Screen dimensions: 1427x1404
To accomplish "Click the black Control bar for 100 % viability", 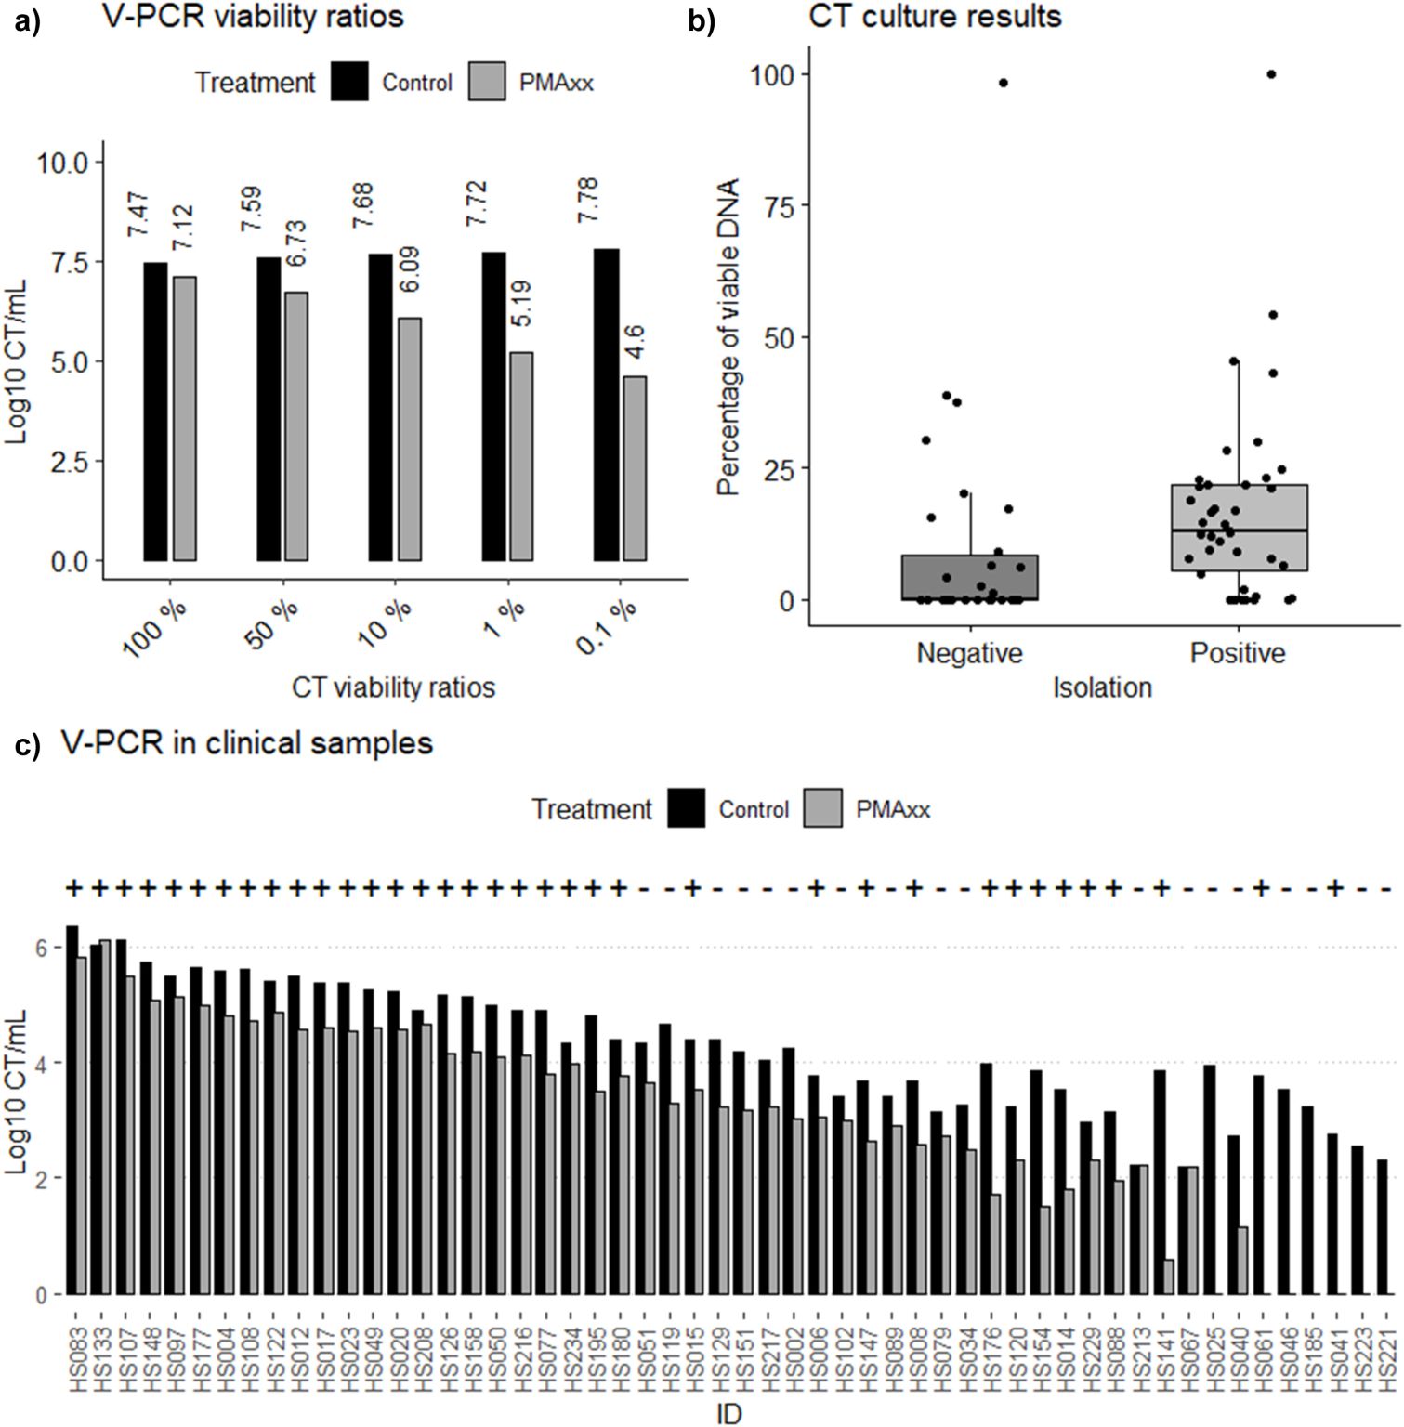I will [155, 412].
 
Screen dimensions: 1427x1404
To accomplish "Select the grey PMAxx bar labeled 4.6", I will [634, 468].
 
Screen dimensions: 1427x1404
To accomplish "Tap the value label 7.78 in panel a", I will [589, 201].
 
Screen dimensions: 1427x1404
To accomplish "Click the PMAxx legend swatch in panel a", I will [487, 82].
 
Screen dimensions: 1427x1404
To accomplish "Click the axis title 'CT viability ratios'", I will [393, 687].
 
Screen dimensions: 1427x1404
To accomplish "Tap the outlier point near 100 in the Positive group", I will [1271, 74].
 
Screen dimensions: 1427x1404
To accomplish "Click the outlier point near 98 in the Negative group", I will [1004, 83].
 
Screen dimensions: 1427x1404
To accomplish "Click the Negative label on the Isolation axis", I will [969, 653].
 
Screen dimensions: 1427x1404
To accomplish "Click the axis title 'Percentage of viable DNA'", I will [730, 336].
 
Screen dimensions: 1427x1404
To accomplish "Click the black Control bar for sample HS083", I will [72, 1109].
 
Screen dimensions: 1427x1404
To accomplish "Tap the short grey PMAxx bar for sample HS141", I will [1167, 1276].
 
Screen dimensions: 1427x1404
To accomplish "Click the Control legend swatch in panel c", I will [687, 808].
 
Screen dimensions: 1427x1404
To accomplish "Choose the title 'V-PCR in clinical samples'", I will [247, 743].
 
